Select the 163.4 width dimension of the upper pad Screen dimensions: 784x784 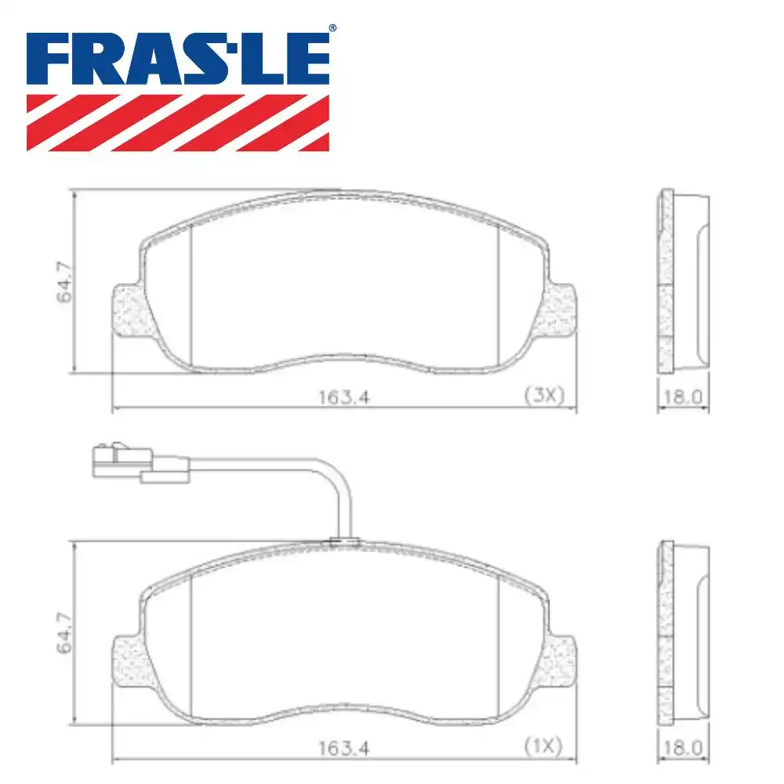tap(343, 397)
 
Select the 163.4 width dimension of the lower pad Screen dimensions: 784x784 tap(343, 748)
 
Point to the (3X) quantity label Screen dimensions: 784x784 tap(544, 396)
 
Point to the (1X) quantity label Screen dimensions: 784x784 tap(544, 747)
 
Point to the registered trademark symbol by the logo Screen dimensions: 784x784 tap(332, 28)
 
